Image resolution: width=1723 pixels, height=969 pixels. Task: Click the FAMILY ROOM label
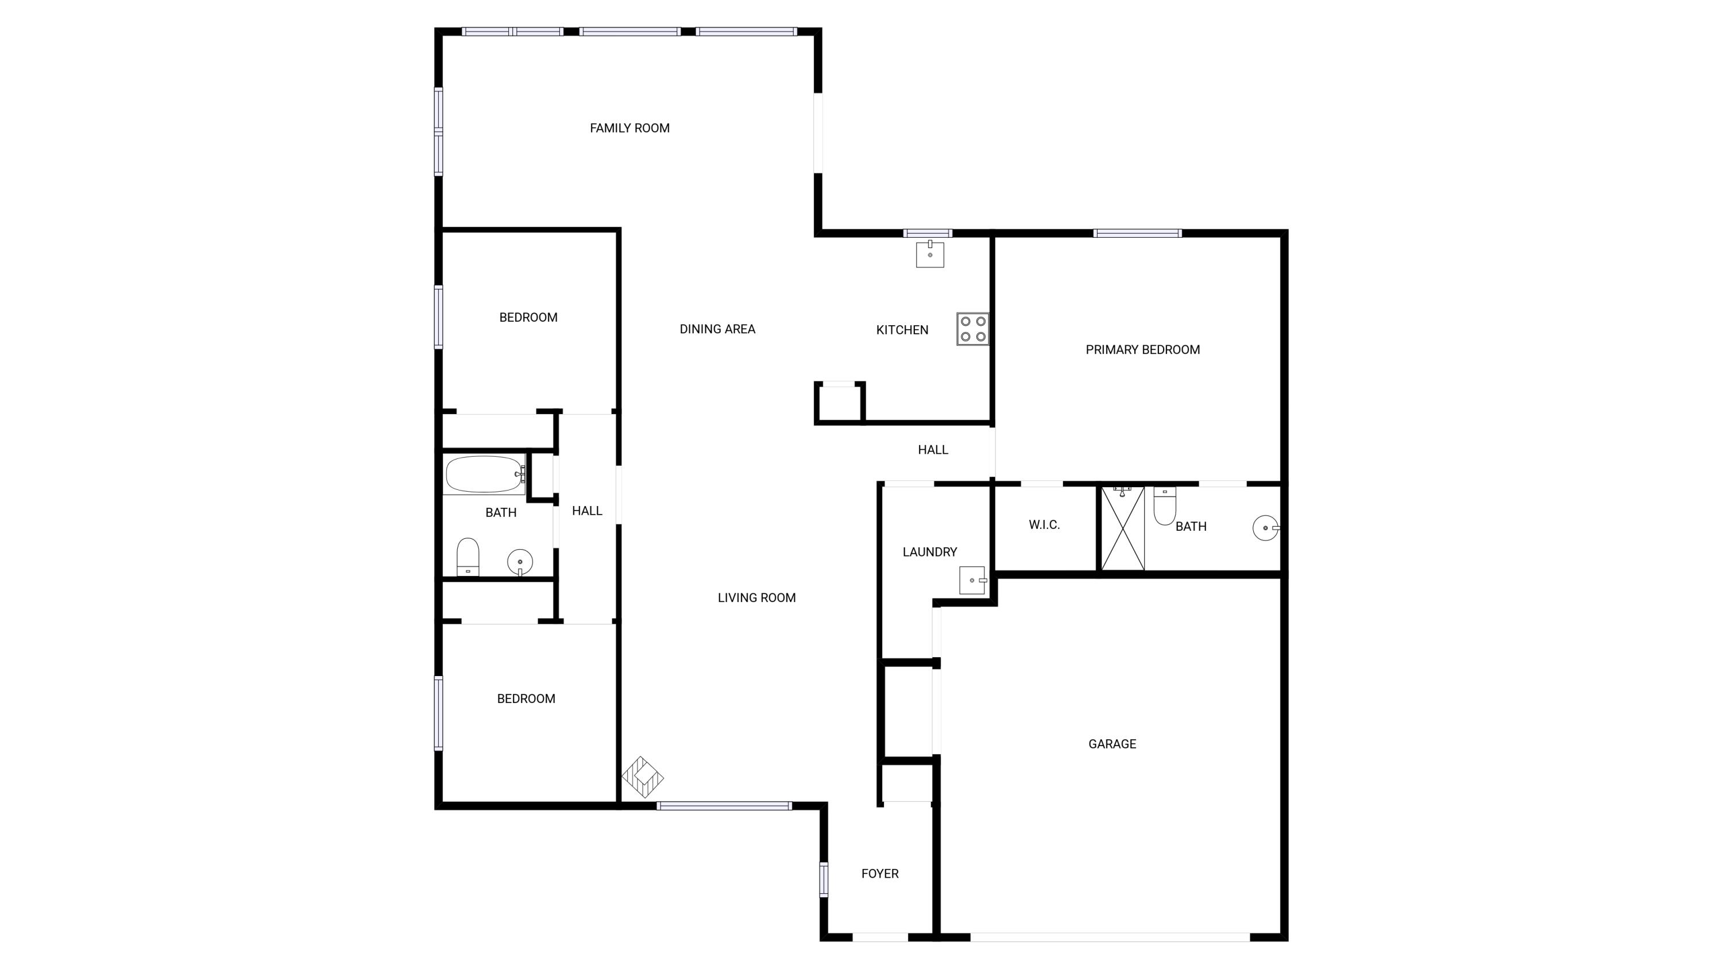[629, 128]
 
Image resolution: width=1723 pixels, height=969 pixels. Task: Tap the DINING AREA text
[717, 329]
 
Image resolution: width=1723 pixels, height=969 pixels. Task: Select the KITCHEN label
[902, 330]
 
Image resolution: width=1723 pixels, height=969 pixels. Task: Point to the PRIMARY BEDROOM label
[1142, 350]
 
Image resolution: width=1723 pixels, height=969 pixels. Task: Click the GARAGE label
[1112, 744]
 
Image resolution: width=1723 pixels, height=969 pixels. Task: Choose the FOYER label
[879, 874]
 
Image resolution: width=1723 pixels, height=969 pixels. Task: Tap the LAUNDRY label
[929, 552]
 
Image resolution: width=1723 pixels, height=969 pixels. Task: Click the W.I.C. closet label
[1044, 525]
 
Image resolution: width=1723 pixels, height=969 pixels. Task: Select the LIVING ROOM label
[756, 598]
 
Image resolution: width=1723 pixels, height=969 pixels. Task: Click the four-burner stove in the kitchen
[972, 329]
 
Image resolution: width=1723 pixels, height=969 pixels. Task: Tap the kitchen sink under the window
[930, 254]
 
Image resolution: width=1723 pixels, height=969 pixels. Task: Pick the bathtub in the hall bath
[485, 474]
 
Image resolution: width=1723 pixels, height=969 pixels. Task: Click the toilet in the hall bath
[468, 557]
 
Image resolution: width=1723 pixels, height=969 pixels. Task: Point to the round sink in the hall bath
[520, 562]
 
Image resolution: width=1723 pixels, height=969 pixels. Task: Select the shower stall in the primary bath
[1122, 528]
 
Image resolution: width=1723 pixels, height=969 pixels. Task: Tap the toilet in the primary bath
[1165, 506]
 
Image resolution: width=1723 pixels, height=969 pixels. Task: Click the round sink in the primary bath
[1265, 528]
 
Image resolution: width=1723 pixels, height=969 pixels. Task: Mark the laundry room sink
[973, 580]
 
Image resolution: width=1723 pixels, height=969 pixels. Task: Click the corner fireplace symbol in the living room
[642, 777]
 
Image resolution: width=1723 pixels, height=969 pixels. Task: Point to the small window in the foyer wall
[824, 879]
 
